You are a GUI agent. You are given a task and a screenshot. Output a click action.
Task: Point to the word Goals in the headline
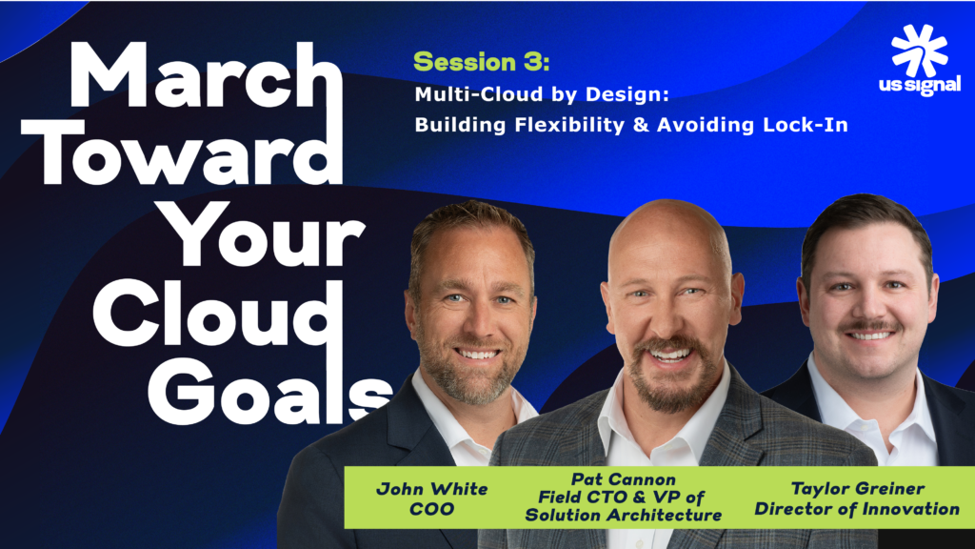(271, 389)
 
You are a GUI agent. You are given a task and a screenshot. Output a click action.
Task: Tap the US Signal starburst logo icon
(919, 51)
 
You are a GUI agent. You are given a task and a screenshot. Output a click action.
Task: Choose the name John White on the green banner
(420, 489)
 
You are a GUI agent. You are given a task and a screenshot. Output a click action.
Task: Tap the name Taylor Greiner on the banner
(858, 489)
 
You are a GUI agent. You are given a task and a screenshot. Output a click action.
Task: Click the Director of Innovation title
(858, 509)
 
